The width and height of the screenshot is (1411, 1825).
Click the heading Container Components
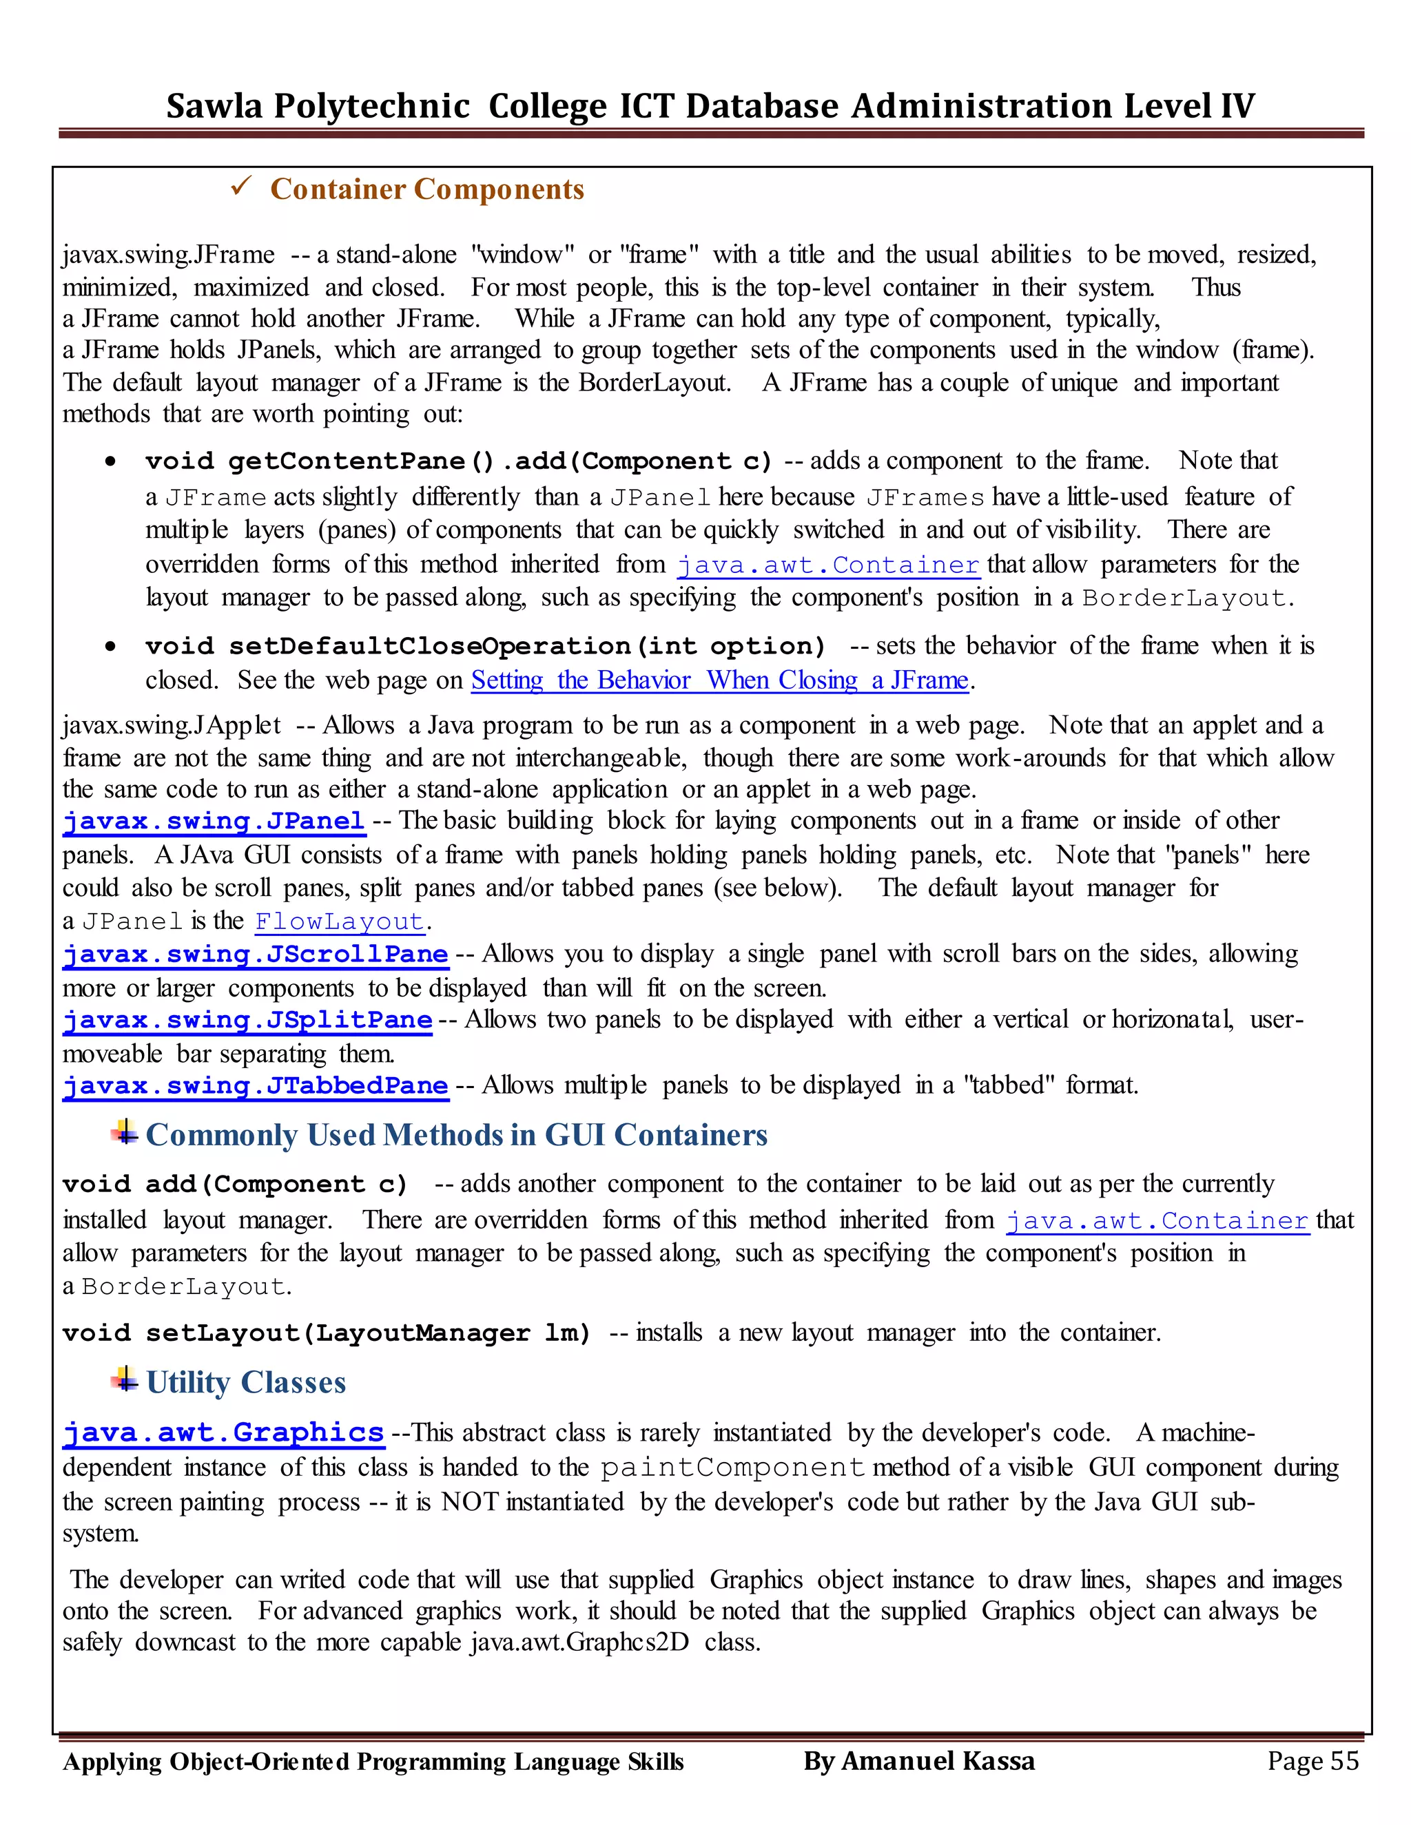click(427, 189)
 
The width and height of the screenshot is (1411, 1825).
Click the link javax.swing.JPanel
click(214, 821)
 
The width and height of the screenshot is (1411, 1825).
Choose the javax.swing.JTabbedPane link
click(256, 1085)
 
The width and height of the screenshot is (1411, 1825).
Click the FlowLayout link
click(340, 921)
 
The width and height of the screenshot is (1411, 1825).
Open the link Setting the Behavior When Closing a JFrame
click(719, 680)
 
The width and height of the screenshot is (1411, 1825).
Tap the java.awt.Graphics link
click(223, 1432)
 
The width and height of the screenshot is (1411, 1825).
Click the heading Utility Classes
click(246, 1382)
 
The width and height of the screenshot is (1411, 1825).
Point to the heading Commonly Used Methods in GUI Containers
click(456, 1135)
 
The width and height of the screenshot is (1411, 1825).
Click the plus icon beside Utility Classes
click(125, 1379)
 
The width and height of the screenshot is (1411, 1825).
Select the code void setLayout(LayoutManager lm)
click(326, 1333)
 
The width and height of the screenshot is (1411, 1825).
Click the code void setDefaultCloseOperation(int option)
click(485, 646)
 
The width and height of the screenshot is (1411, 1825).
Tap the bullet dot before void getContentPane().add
click(110, 461)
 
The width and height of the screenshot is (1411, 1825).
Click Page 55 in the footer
click(1312, 1761)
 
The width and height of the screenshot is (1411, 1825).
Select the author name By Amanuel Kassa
click(918, 1761)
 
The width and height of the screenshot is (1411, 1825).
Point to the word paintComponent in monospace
click(732, 1468)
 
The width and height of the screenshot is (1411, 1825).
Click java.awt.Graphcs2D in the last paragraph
click(579, 1642)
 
